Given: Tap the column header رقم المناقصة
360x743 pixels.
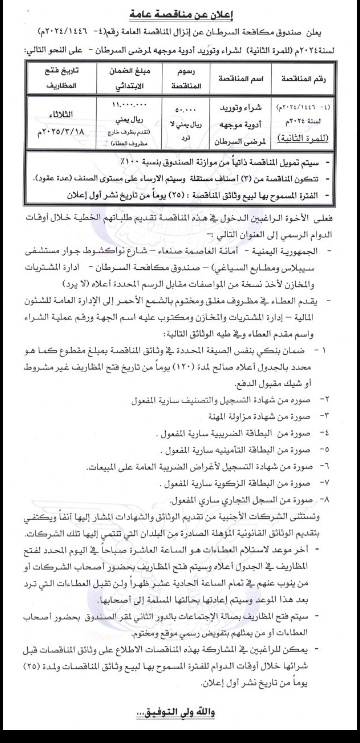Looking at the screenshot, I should [302, 79].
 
